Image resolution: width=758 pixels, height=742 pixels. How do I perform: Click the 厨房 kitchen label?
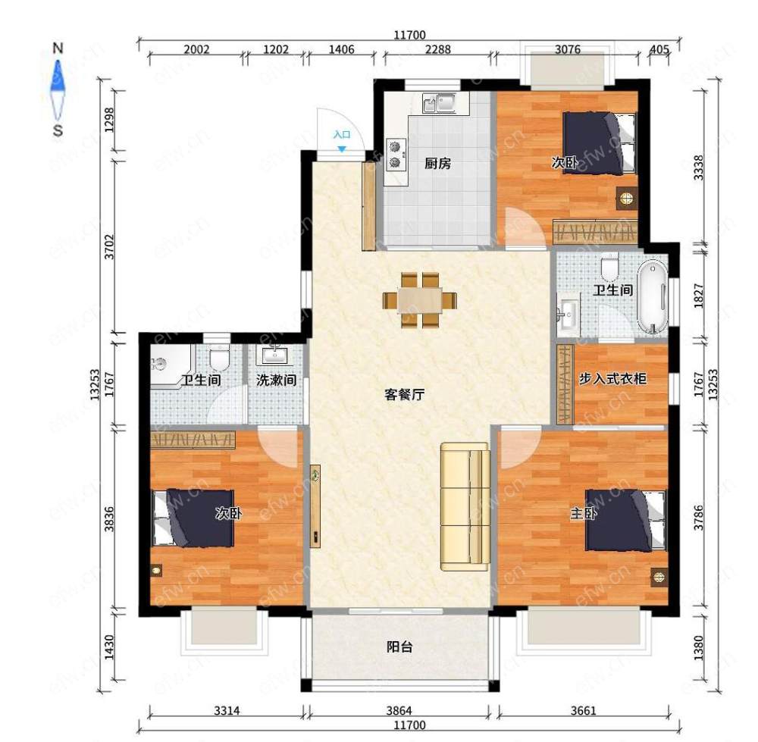click(x=437, y=164)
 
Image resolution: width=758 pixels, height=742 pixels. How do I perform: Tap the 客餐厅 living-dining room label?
click(x=404, y=394)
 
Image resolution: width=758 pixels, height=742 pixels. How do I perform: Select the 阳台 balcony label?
click(x=399, y=647)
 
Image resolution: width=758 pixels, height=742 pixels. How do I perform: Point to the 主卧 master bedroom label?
click(x=584, y=513)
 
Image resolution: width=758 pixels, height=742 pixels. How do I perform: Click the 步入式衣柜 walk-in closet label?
click(x=612, y=378)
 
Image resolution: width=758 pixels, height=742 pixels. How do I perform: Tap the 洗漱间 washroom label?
click(x=276, y=380)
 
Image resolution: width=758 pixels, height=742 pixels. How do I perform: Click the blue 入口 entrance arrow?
click(x=342, y=149)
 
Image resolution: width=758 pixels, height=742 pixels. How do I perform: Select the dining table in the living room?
click(x=420, y=300)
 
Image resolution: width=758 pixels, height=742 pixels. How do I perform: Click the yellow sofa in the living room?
click(x=465, y=506)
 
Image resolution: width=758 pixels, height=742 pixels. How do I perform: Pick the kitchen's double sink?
click(x=439, y=103)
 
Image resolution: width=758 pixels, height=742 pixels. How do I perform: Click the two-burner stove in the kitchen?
click(x=396, y=155)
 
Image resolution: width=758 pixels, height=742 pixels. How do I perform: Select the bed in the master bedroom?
click(x=625, y=520)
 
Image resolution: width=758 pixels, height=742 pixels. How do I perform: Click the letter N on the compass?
click(x=58, y=48)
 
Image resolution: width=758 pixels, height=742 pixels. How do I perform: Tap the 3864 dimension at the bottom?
click(x=399, y=710)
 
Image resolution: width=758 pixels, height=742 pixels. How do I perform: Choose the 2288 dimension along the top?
click(x=438, y=49)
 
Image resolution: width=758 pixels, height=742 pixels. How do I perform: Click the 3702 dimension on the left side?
click(x=110, y=246)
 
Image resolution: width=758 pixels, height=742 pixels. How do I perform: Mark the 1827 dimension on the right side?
click(x=699, y=296)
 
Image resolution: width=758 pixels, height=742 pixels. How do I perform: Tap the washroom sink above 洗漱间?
click(x=274, y=355)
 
